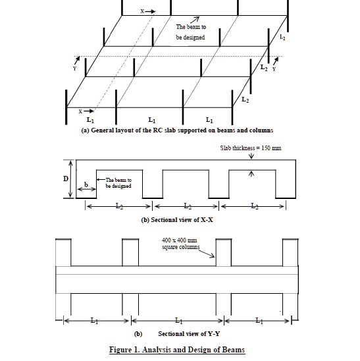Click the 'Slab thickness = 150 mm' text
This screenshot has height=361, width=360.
[x=251, y=148]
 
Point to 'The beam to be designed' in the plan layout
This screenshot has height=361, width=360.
[x=190, y=32]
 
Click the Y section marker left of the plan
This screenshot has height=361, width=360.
[x=76, y=68]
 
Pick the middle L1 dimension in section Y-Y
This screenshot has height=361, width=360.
[x=178, y=321]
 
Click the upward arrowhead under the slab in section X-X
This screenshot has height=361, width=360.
[x=251, y=175]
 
